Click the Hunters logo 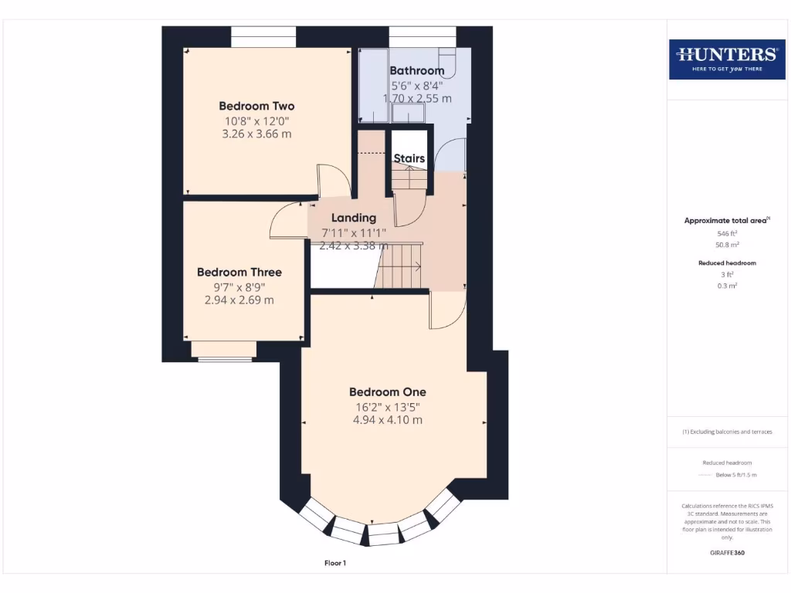[x=727, y=59]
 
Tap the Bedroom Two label [x=256, y=107]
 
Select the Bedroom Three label [x=239, y=273]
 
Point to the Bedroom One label [x=387, y=392]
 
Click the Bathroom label [x=417, y=71]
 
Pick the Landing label [x=354, y=219]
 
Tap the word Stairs [x=409, y=159]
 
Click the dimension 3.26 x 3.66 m [x=256, y=134]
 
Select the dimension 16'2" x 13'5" [x=387, y=407]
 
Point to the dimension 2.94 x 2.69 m [x=239, y=300]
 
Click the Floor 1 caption [x=335, y=564]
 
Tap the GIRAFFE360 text [x=727, y=553]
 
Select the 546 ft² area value [x=727, y=233]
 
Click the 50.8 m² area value [x=727, y=244]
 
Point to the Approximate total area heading [x=726, y=221]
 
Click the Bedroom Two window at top [x=263, y=36]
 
